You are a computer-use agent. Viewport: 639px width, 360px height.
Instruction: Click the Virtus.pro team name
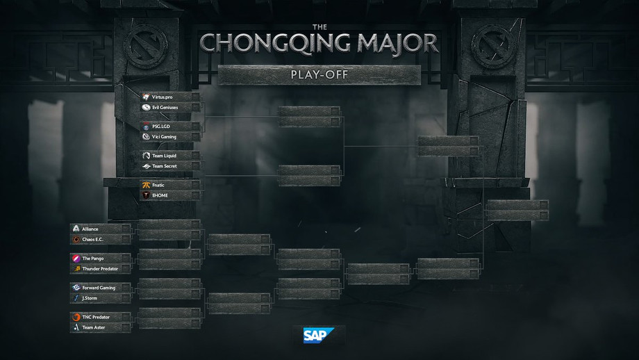click(163, 97)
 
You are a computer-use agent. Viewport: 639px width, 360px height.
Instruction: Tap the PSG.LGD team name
click(161, 126)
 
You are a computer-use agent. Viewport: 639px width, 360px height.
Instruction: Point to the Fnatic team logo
click(146, 185)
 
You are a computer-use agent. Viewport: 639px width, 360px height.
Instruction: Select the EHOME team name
click(160, 195)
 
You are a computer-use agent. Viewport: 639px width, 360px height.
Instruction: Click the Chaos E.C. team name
click(92, 239)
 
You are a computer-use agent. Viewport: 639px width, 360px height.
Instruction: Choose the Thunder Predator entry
click(100, 269)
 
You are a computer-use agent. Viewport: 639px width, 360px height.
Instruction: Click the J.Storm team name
click(90, 298)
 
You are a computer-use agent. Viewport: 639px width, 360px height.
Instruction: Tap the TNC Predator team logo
click(76, 317)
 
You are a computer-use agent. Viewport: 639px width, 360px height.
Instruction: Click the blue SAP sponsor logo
click(318, 335)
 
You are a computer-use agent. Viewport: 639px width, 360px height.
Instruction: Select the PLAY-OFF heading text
click(319, 74)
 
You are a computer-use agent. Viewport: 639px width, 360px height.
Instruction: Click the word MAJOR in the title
click(398, 43)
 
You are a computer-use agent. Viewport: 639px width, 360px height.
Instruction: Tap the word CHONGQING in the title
click(275, 43)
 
